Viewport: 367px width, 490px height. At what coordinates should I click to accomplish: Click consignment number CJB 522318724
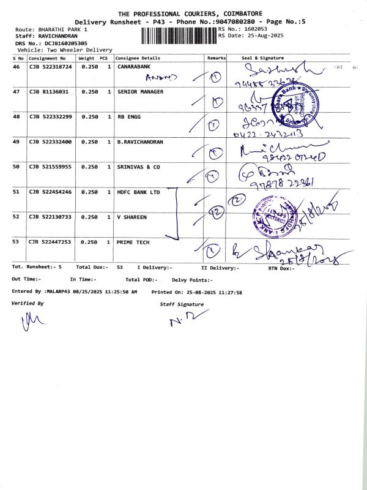50,66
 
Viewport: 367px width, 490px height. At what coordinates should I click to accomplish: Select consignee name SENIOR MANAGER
140,91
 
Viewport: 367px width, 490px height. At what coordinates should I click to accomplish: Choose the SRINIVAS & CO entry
138,167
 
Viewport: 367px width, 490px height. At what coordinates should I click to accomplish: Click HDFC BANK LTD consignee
138,192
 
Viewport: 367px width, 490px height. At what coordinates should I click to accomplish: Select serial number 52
17,217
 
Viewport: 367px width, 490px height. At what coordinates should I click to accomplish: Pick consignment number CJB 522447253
50,242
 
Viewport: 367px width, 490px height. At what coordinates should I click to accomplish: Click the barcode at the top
178,35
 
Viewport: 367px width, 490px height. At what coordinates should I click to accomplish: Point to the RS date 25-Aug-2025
261,36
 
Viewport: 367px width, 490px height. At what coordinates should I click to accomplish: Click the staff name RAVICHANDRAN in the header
54,36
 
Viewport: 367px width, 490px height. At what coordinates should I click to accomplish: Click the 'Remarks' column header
217,58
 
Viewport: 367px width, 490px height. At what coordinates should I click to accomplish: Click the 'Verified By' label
28,303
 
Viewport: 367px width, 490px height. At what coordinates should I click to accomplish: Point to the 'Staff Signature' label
182,304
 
